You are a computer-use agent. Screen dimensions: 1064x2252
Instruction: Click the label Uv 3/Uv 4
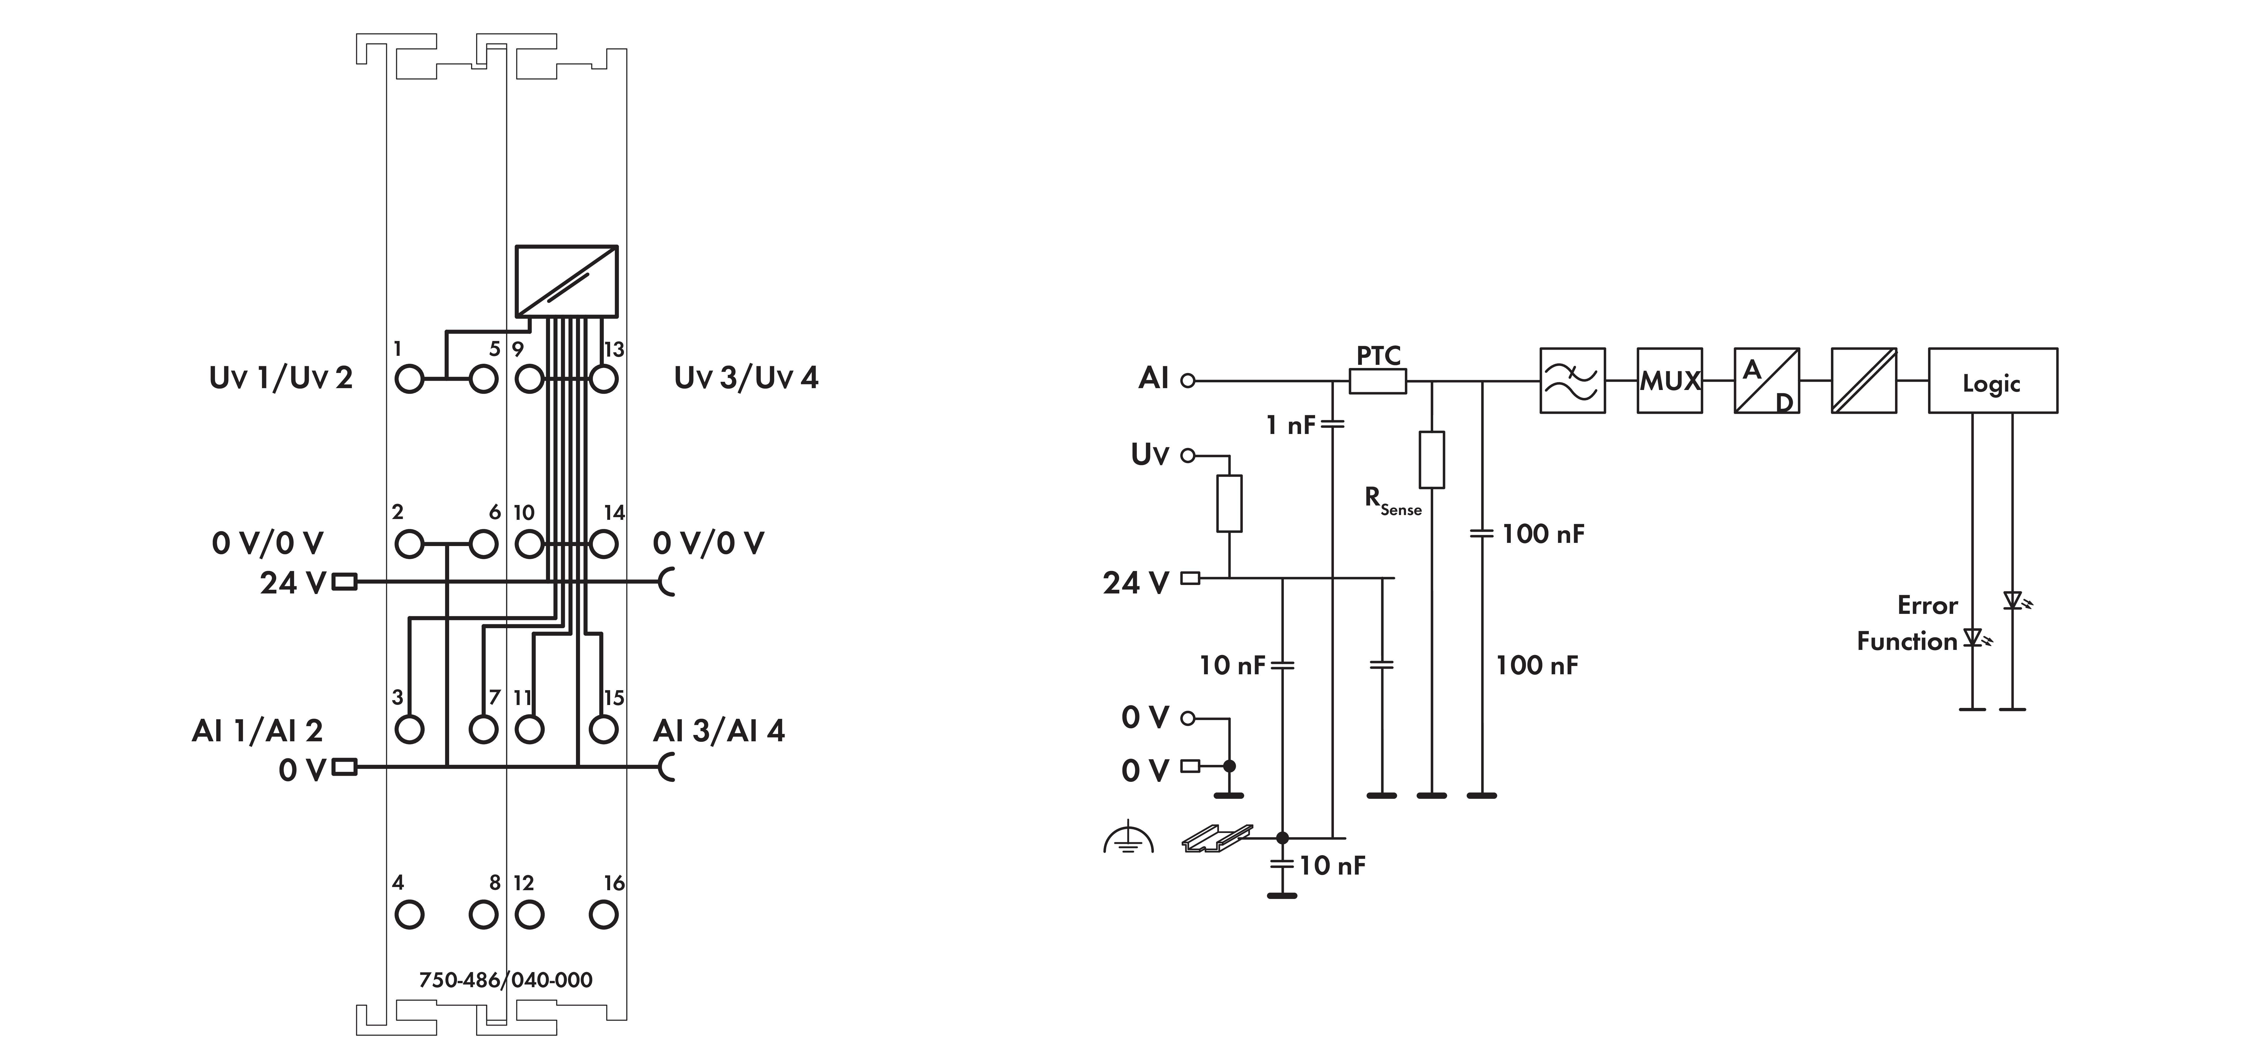click(746, 378)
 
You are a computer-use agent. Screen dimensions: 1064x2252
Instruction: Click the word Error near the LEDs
click(1927, 605)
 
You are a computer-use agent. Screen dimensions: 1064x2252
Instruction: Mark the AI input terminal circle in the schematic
click(1187, 380)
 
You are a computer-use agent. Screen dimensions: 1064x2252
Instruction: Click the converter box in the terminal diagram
click(566, 281)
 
